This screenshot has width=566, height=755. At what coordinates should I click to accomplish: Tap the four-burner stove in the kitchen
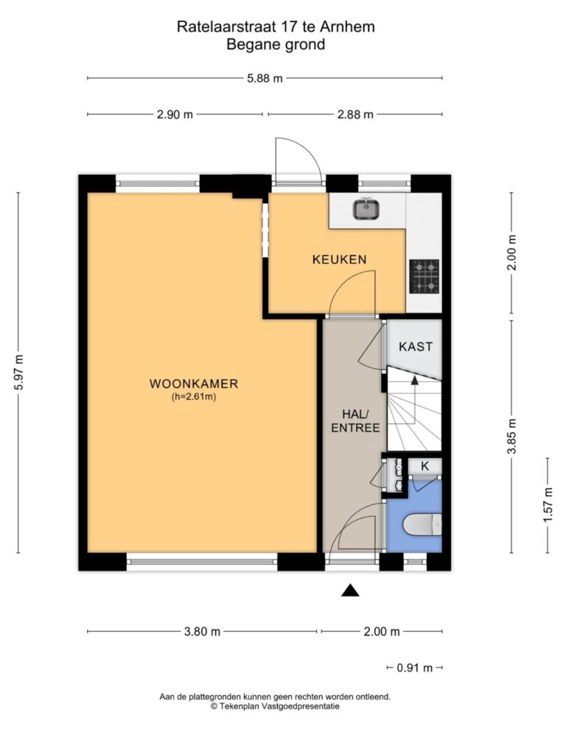pos(424,276)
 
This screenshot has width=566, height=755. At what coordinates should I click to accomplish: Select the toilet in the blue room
pos(422,525)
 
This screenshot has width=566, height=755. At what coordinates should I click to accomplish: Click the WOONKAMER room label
pos(194,383)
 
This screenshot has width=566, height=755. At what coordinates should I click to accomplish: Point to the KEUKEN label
pos(339,260)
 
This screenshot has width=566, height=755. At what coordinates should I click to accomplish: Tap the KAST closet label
pos(416,347)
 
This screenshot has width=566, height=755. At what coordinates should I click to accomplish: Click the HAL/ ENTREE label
pos(356,421)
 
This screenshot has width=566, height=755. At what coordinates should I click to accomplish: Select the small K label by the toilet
pos(425,466)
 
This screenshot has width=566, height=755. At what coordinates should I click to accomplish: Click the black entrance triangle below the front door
pos(350,591)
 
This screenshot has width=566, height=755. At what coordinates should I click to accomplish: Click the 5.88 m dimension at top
pos(265,78)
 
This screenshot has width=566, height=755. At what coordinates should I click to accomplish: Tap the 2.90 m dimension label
pos(175,114)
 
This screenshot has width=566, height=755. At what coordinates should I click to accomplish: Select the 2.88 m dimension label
pos(355,114)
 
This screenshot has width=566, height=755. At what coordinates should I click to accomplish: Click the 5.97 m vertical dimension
pos(18,372)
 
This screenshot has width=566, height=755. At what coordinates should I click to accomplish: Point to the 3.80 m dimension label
pos(202,631)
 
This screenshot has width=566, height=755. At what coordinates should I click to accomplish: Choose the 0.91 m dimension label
pos(415,668)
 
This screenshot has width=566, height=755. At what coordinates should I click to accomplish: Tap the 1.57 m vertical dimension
pos(548,504)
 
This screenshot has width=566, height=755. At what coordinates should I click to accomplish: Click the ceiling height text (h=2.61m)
pos(194,397)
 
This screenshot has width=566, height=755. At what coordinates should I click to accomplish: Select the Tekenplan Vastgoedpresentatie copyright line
pos(275,706)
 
